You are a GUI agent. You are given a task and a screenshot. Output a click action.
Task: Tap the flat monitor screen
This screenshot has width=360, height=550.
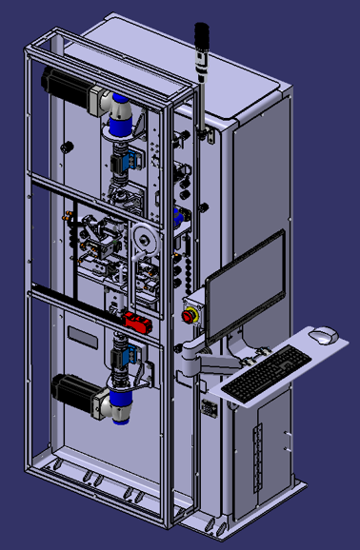(245, 287)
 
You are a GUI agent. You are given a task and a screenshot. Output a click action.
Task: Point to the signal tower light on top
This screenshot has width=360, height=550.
(201, 44)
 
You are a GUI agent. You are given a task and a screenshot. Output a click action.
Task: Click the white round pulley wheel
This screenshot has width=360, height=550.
(144, 242)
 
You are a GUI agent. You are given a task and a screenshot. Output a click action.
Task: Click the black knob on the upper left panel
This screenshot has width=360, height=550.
(67, 147)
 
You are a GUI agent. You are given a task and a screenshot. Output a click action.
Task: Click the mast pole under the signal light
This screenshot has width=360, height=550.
(201, 95)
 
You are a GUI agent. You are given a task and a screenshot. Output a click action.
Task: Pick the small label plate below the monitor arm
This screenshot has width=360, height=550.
(209, 408)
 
